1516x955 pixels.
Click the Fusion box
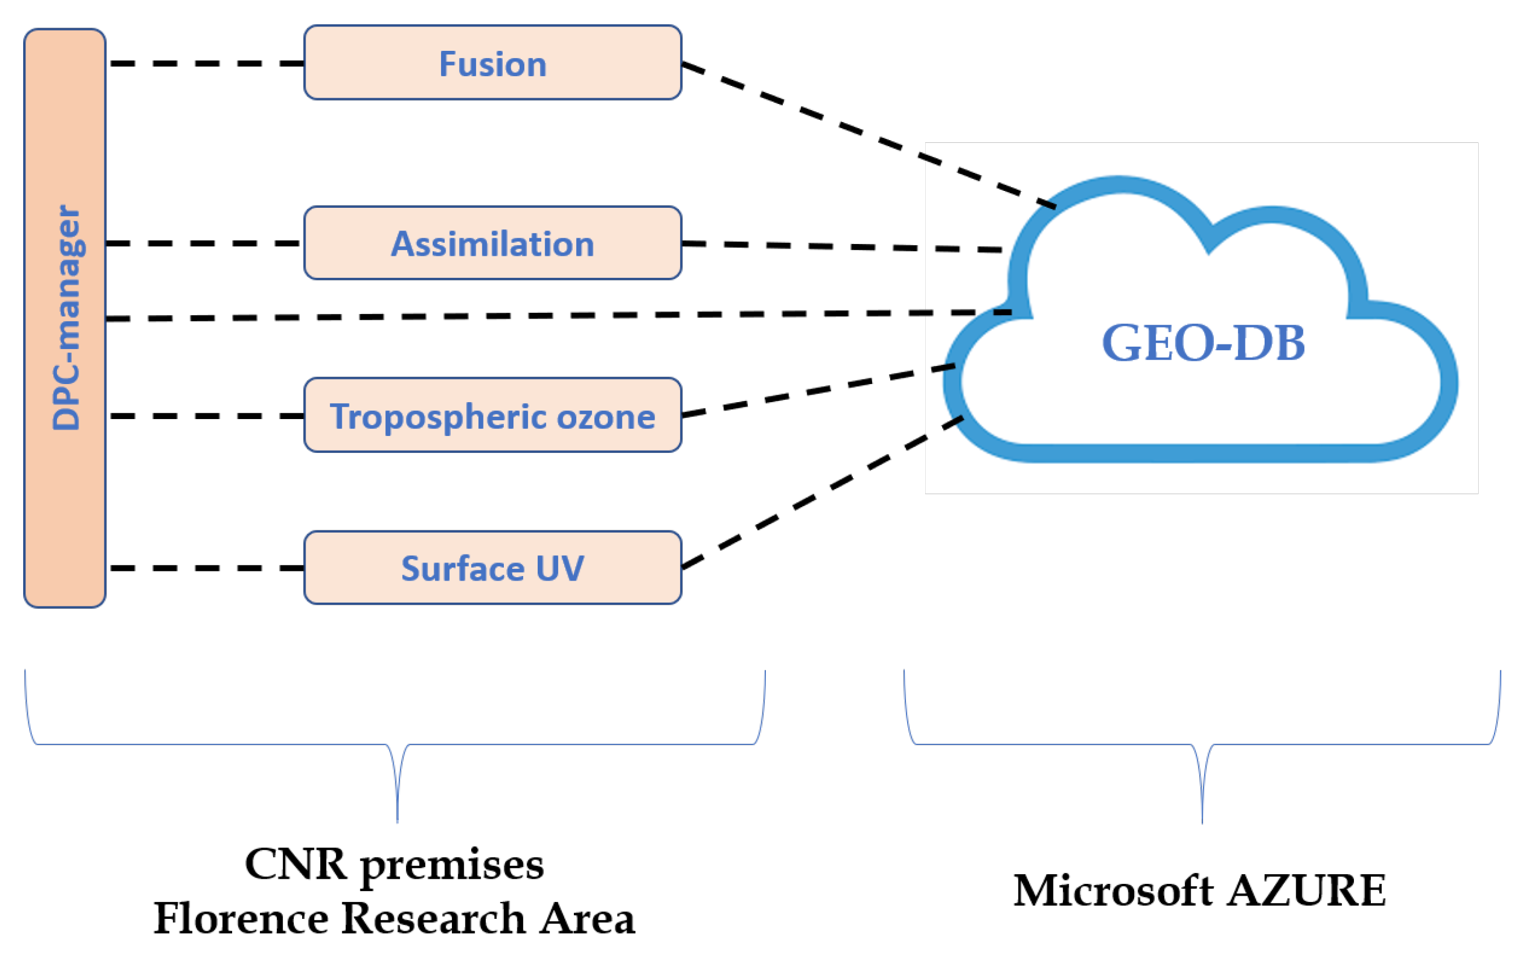click(493, 63)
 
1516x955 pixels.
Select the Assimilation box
click(493, 243)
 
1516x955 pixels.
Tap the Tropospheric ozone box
click(493, 416)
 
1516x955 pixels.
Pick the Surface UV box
click(493, 568)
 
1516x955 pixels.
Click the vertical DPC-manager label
click(66, 318)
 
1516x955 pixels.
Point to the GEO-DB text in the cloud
click(1203, 343)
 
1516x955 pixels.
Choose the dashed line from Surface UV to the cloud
click(818, 494)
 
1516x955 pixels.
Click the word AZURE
click(1308, 891)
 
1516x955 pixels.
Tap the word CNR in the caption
click(296, 864)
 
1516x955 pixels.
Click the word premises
click(452, 866)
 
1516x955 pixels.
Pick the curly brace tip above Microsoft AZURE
click(1202, 818)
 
